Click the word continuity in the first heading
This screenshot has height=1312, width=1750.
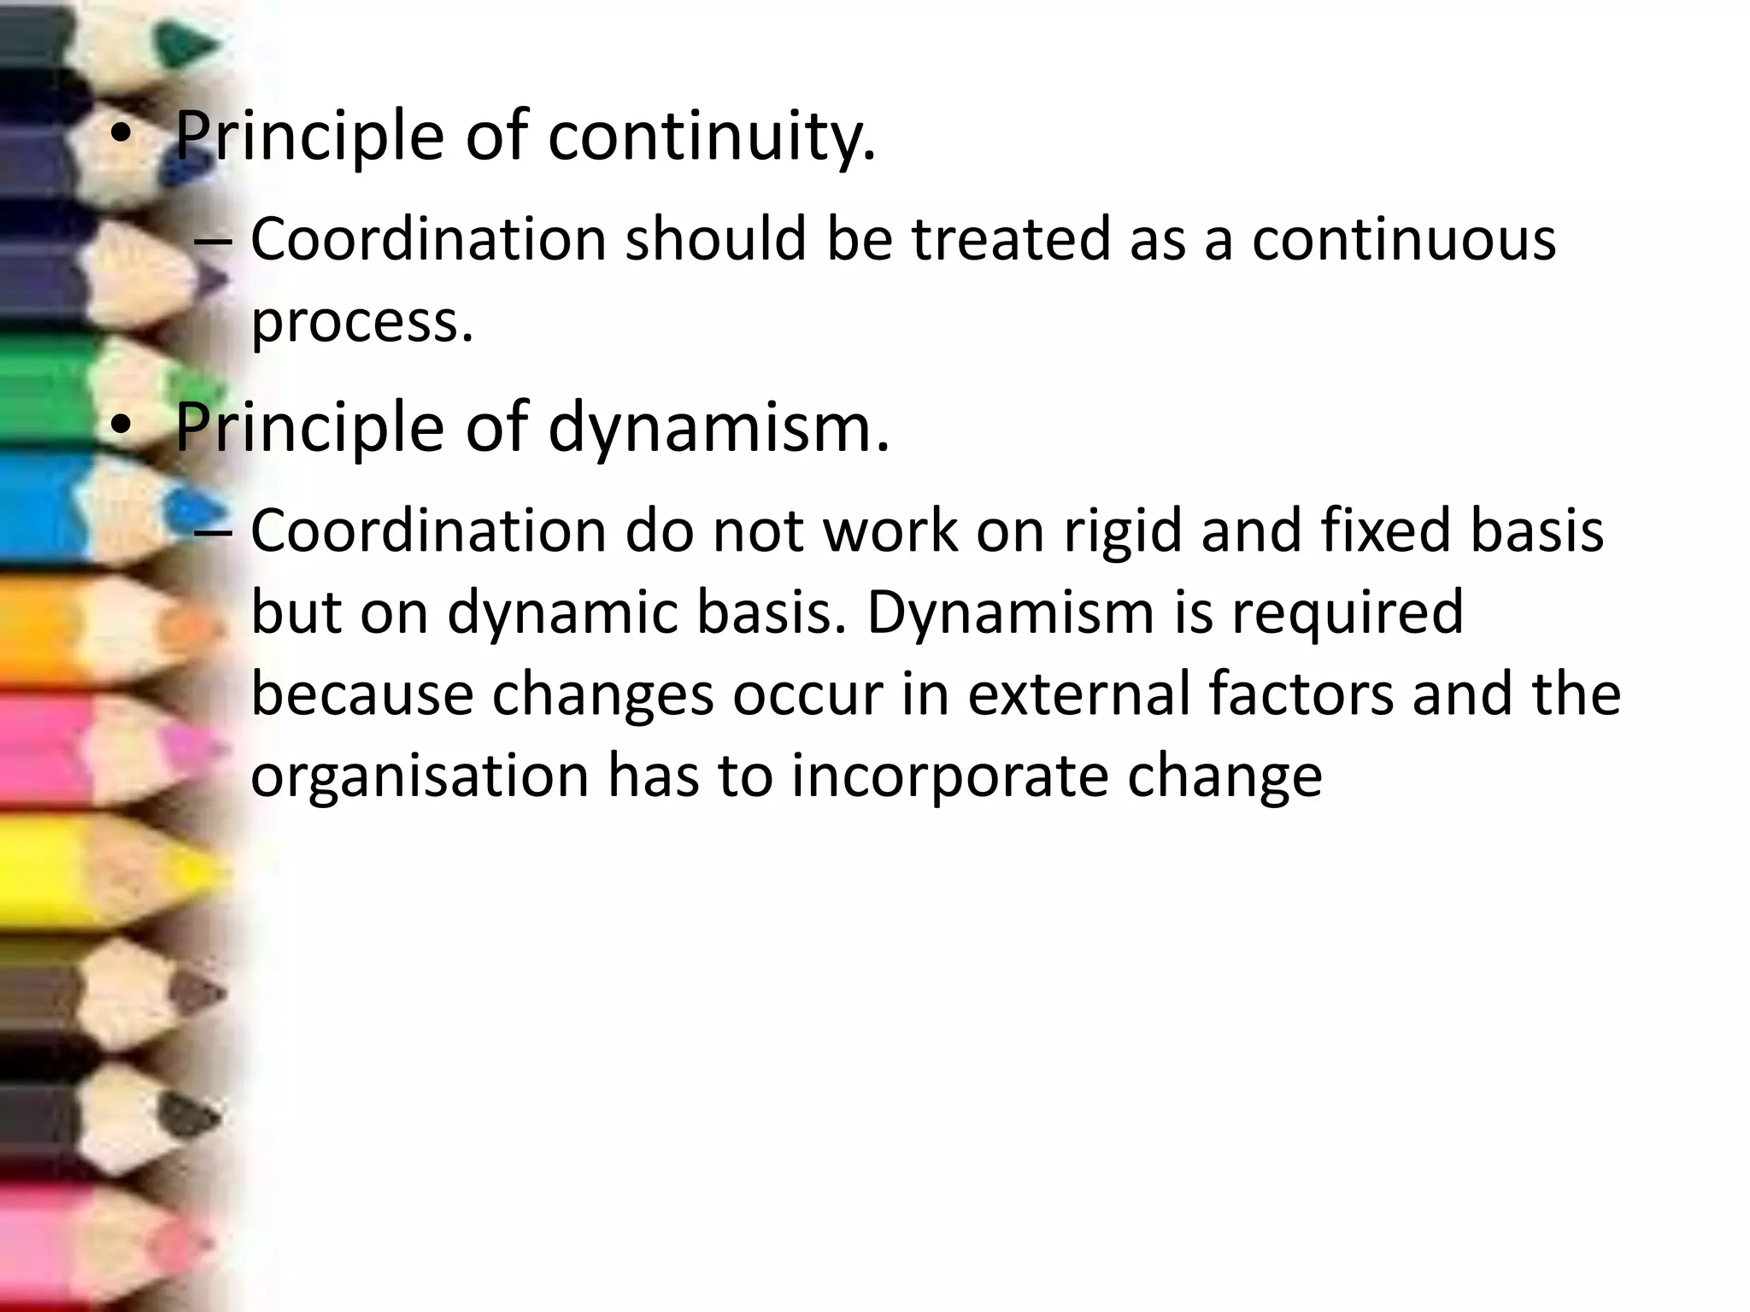point(711,137)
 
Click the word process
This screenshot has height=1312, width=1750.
point(361,323)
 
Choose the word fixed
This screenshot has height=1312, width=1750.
point(1384,531)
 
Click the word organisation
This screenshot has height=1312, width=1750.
point(420,777)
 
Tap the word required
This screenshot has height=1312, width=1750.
point(1348,613)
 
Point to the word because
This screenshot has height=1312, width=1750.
point(361,694)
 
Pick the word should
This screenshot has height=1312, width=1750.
point(716,239)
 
